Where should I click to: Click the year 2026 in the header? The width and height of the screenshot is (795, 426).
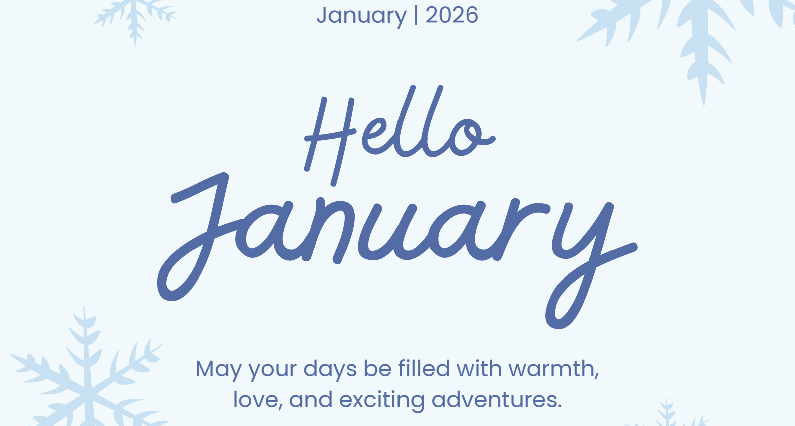point(452,15)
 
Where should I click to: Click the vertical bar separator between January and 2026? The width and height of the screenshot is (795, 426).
point(416,16)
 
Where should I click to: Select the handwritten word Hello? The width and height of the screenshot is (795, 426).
point(400,135)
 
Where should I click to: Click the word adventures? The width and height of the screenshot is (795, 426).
point(497,400)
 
